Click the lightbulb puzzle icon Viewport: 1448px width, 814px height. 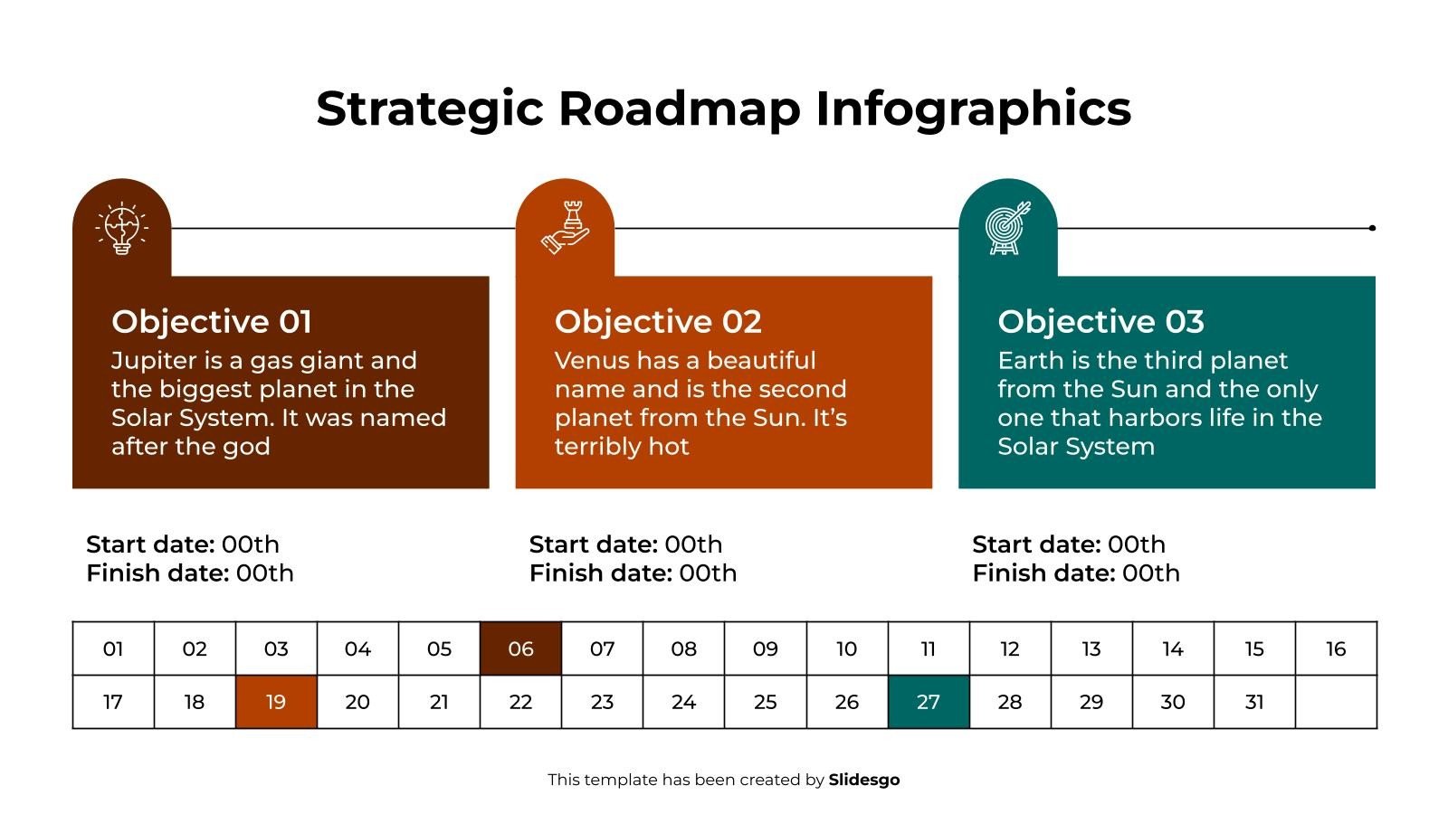tap(121, 229)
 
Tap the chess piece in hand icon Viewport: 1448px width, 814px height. tap(565, 228)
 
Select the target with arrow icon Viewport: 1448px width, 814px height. tap(1007, 228)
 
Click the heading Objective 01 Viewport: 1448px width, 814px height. tap(212, 322)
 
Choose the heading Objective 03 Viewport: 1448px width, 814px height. tap(1100, 322)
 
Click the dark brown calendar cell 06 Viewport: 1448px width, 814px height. tap(520, 648)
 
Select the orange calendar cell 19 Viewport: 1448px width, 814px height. tap(276, 702)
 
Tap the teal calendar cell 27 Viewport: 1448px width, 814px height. tap(929, 702)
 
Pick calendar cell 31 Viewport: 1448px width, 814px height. tap(1254, 702)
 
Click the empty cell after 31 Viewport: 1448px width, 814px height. tap(1336, 702)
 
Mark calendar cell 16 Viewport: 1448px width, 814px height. tap(1336, 648)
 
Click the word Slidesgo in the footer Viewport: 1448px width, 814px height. tap(864, 780)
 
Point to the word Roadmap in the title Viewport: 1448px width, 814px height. tap(679, 109)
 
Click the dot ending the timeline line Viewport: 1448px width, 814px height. tap(1372, 228)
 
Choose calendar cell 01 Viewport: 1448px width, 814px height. tap(113, 648)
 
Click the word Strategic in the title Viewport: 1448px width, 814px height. tap(430, 109)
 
